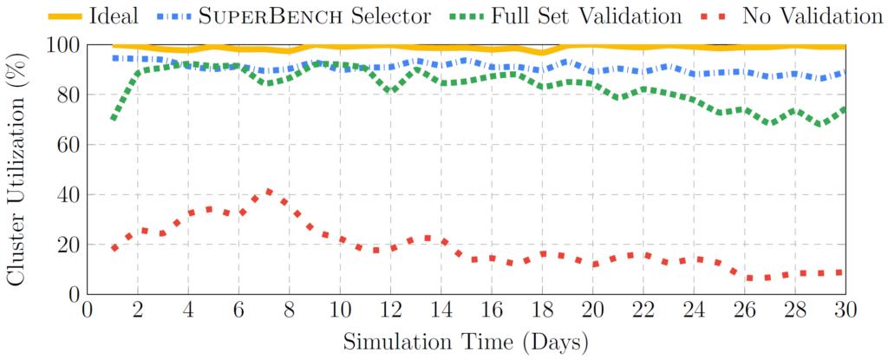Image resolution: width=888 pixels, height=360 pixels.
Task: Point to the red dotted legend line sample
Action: point(732,15)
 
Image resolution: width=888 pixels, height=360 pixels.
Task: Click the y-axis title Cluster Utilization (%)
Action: point(16,168)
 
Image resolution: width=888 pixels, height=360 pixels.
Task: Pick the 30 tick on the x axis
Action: point(845,311)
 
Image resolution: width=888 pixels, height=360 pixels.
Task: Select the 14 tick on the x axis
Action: point(441,311)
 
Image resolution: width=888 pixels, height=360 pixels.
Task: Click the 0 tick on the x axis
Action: point(87,311)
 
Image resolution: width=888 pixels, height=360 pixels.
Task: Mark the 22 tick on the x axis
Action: point(643,311)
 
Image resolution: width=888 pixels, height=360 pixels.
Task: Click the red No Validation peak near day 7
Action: point(269,192)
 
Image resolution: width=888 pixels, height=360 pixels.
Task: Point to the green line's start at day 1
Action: point(113,118)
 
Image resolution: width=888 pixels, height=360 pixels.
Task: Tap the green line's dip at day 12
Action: point(391,90)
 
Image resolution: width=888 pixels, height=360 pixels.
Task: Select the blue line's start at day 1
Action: point(113,57)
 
